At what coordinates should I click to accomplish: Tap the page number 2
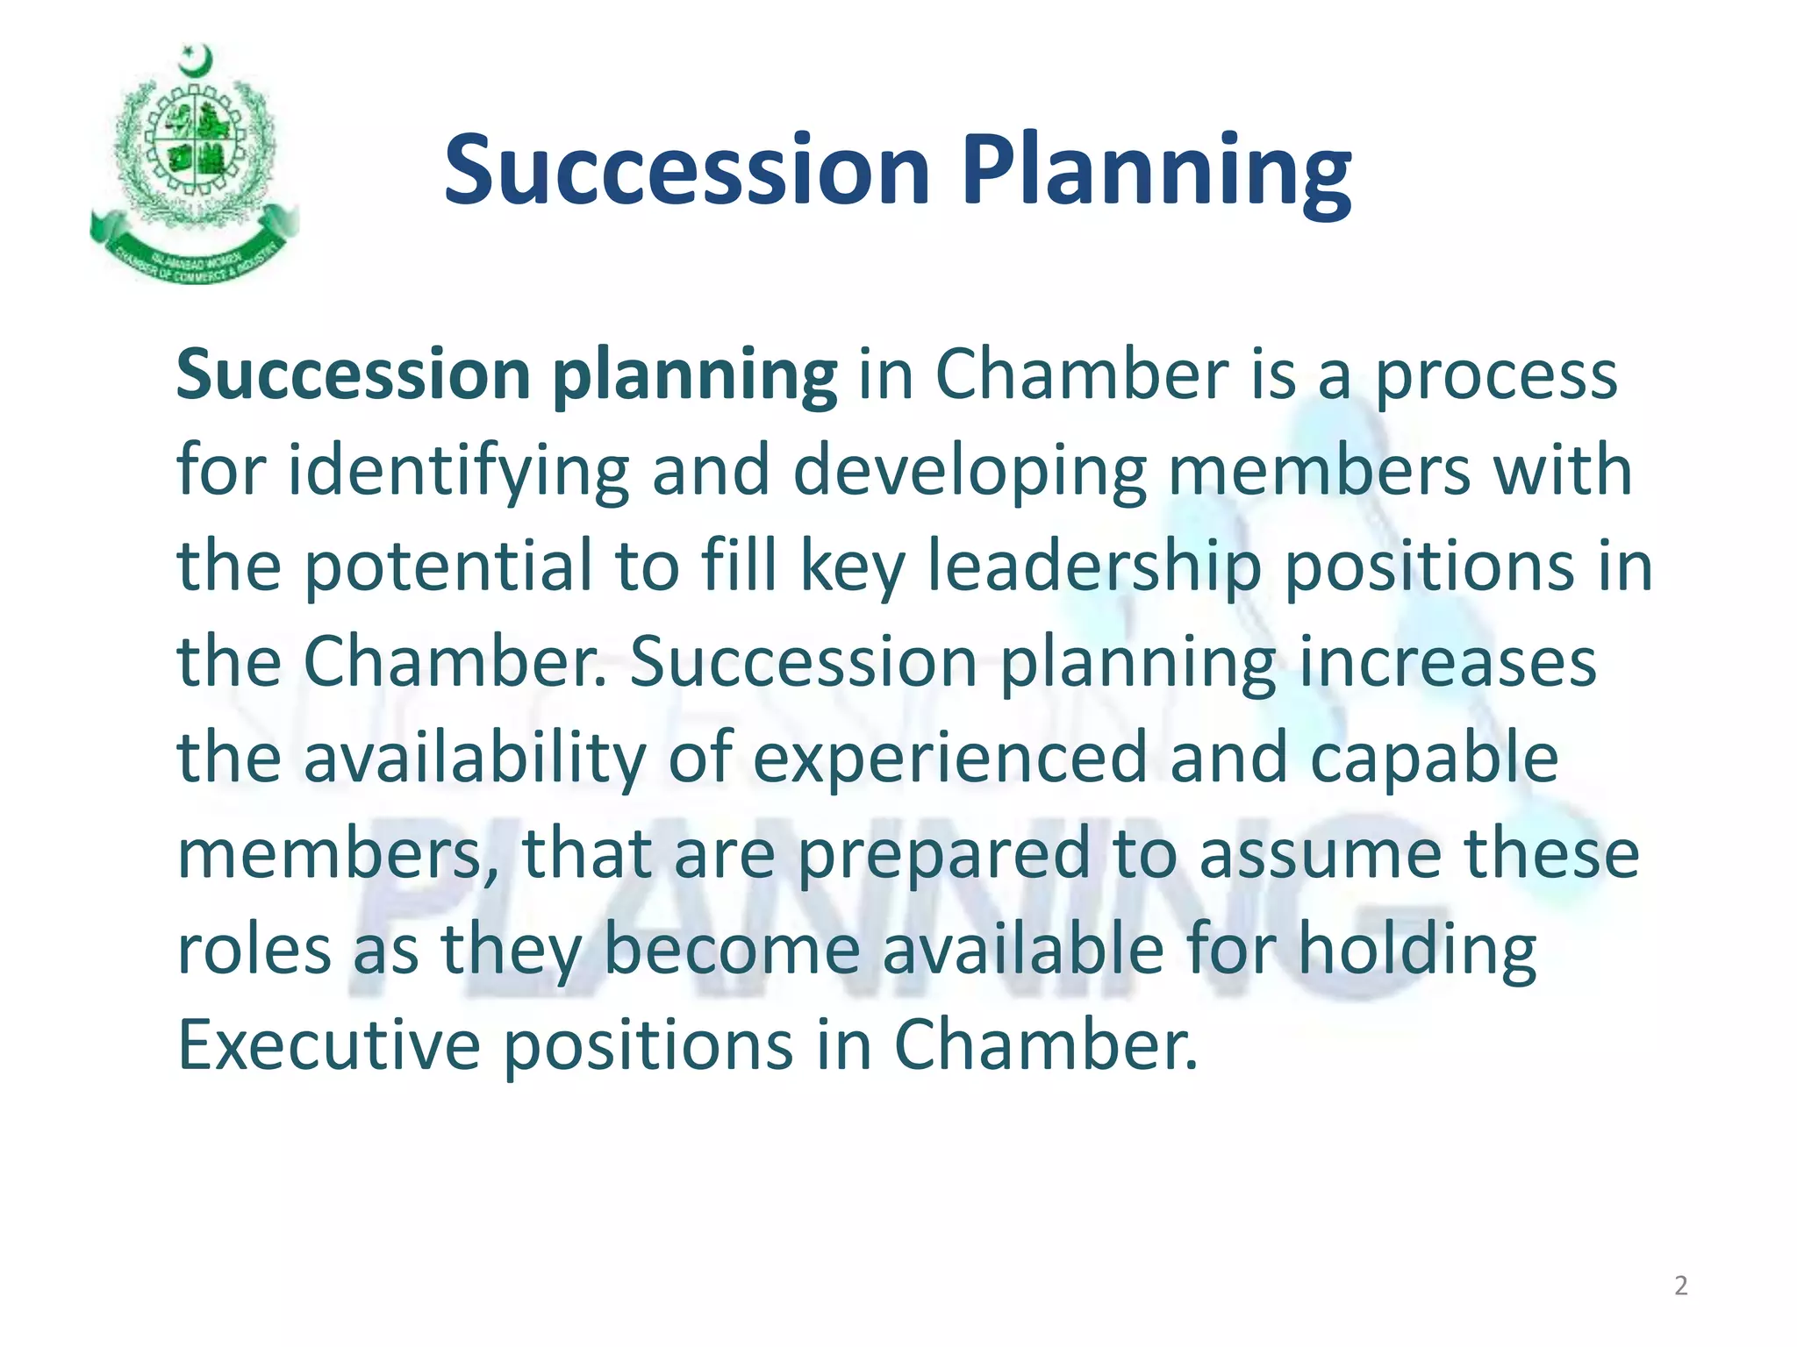point(1680,1286)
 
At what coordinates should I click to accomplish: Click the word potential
point(448,566)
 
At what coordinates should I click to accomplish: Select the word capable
point(1434,759)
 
